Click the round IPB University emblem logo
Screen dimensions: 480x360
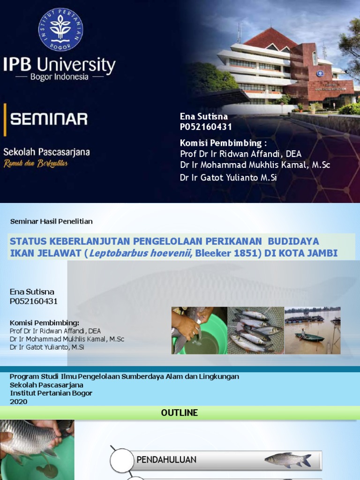(x=60, y=29)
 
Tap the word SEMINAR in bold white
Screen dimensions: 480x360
(x=49, y=119)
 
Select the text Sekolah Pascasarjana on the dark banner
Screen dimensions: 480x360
(x=46, y=152)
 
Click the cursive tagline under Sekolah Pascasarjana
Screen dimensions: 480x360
(x=36, y=163)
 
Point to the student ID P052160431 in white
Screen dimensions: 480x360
(x=206, y=127)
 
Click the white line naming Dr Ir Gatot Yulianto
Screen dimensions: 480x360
(x=228, y=178)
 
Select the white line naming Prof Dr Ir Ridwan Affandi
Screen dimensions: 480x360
(x=240, y=154)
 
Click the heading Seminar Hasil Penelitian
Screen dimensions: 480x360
(x=51, y=221)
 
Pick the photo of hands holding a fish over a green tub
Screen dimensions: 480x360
(x=199, y=330)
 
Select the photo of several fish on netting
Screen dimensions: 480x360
(x=255, y=330)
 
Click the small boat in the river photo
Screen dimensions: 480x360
(x=309, y=337)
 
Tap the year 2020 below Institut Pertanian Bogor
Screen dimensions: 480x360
(x=19, y=402)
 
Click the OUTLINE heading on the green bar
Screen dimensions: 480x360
(x=180, y=413)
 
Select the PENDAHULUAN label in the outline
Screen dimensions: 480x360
(x=166, y=460)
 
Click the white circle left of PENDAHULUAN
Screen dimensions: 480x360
(x=122, y=460)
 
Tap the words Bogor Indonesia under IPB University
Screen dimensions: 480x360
(x=59, y=77)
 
